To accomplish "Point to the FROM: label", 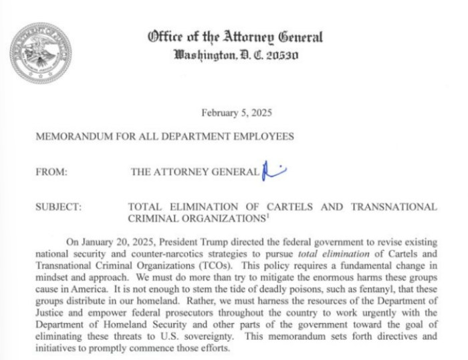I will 51,172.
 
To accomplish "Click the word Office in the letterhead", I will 168,37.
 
